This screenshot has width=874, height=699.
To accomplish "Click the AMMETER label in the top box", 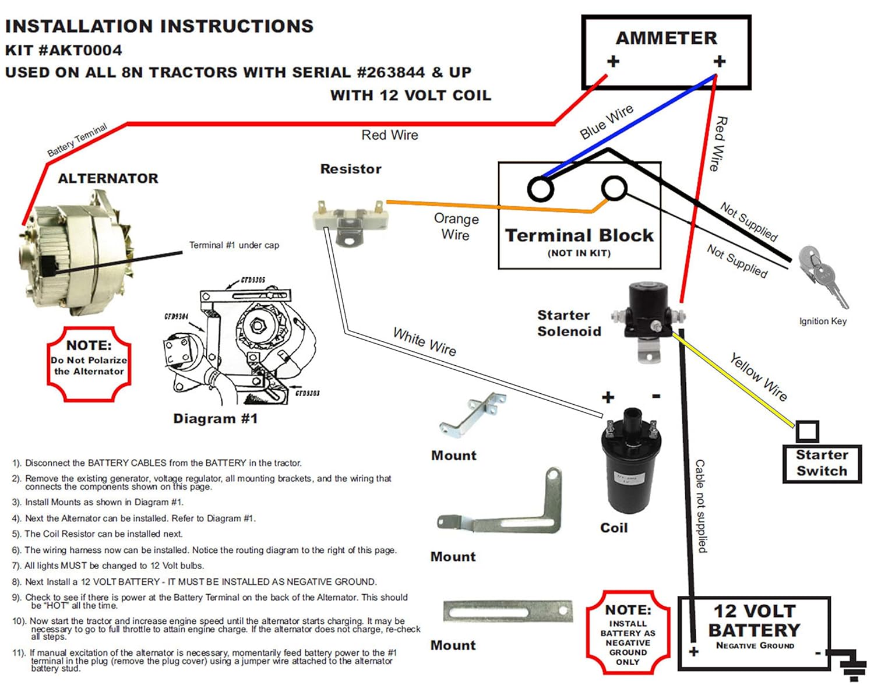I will pos(666,38).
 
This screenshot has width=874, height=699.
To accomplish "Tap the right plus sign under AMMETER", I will pos(720,61).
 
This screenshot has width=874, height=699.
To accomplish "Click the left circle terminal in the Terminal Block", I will pos(540,189).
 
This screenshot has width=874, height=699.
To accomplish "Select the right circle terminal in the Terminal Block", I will pos(614,188).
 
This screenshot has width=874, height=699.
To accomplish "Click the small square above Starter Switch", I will pos(807,432).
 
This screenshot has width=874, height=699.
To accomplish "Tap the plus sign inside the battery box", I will pos(693,651).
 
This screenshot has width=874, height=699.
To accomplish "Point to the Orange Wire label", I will pos(456,227).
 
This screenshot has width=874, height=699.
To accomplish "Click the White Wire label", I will pos(425,342).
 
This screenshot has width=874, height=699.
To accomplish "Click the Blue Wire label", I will pos(606,122).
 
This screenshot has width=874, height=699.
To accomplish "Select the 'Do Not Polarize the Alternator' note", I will pos(89,365).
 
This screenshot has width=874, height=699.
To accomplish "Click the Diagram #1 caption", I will pos(215,419).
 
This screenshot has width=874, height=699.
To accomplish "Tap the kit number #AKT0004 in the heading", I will pos(80,50).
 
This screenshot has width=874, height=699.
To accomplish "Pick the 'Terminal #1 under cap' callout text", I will pos(234,245).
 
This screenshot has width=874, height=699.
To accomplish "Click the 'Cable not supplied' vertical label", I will pos(701,506).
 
